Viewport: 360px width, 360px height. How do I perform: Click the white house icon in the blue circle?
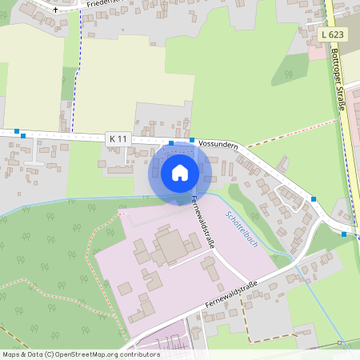(180, 172)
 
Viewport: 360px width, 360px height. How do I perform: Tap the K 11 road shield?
(117, 139)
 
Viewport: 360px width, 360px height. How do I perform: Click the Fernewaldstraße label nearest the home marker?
(203, 223)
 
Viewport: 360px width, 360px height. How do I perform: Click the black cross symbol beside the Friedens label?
(55, 10)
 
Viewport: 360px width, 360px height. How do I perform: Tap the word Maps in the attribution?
(11, 354)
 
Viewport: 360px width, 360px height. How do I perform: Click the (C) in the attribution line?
(49, 354)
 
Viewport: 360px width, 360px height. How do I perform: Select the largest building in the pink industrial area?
(170, 246)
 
